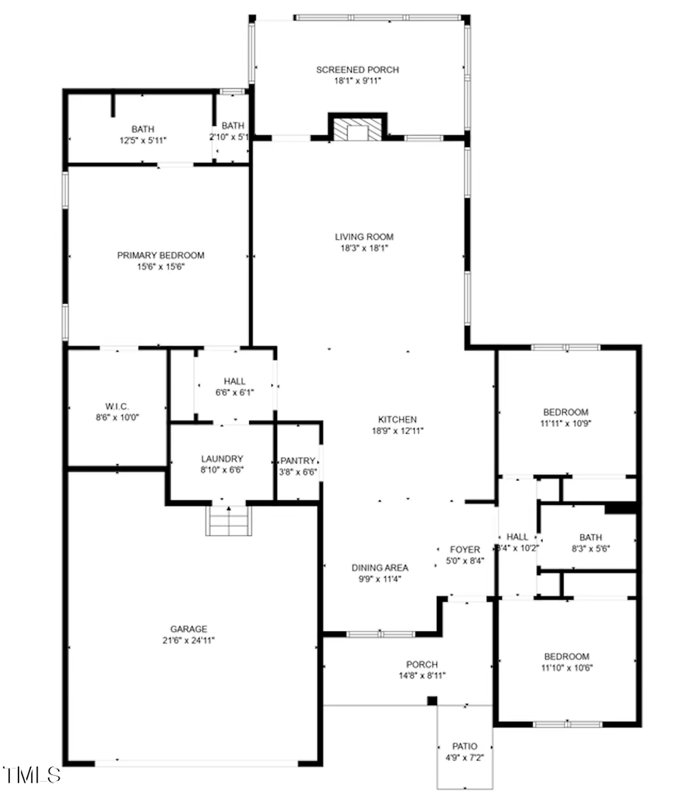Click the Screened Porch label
coord(357,70)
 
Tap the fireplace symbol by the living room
coord(357,130)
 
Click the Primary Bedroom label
coord(161,255)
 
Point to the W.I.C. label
coord(118,406)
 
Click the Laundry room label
coord(222,459)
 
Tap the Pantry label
coord(298,460)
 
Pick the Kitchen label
coord(397,419)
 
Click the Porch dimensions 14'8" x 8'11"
coord(421,676)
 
